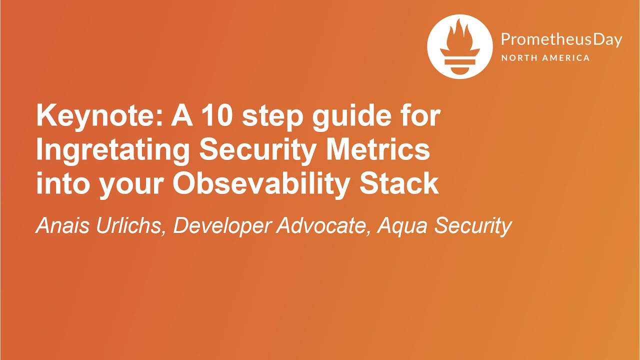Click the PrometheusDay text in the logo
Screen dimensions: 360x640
pos(561,40)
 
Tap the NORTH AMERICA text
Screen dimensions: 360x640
pos(545,58)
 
